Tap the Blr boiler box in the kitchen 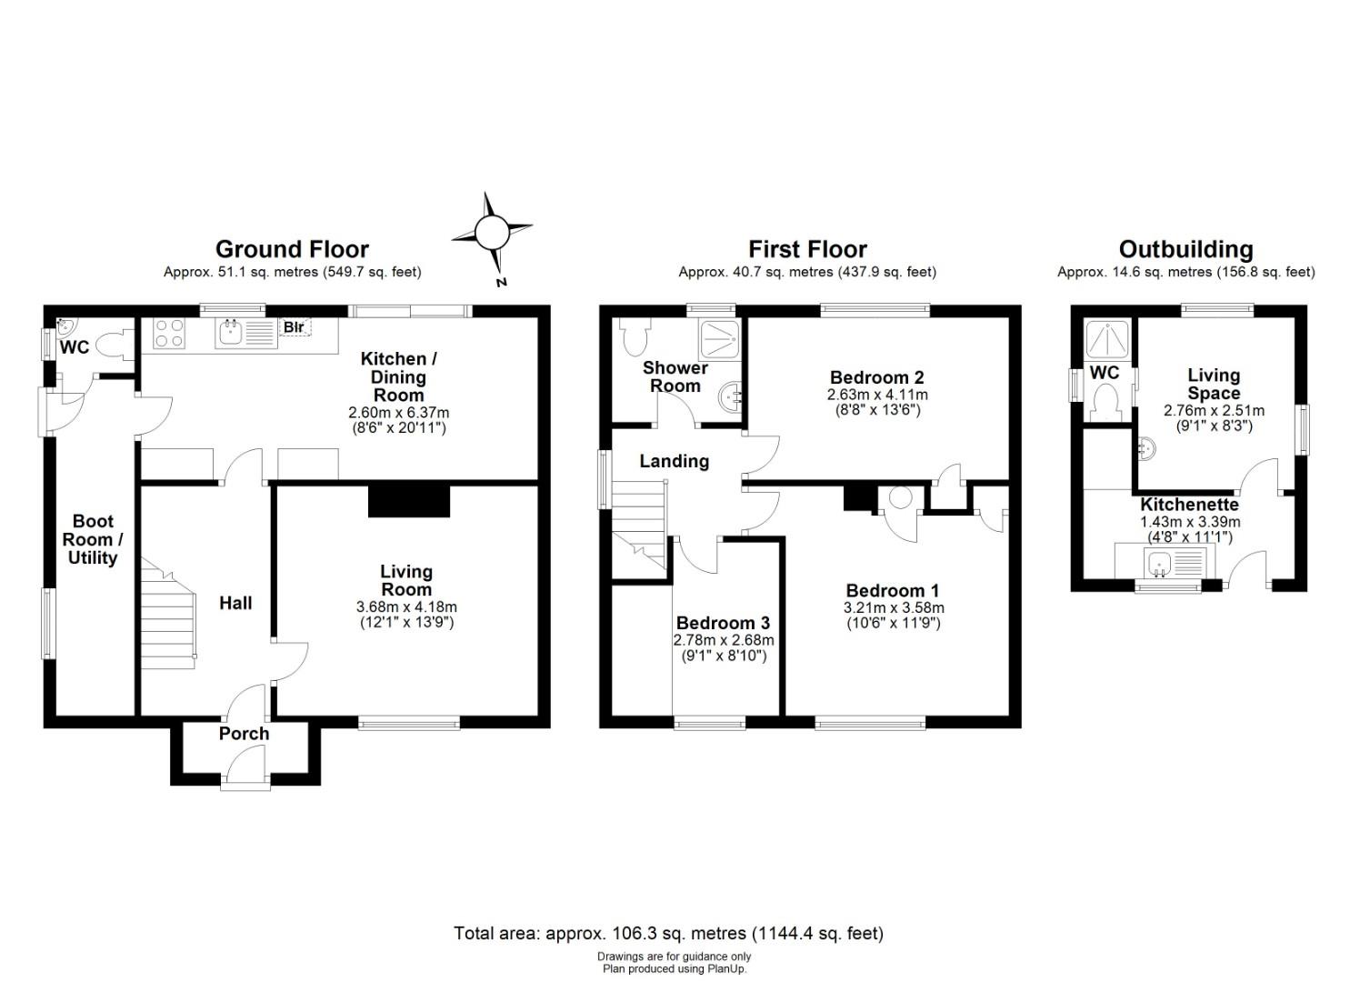295,326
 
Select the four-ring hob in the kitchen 169,334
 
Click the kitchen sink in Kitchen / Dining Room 245,334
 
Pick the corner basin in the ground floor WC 65,326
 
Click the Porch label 244,734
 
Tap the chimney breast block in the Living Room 409,501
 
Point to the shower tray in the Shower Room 720,339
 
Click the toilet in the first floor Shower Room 635,336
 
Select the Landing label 674,462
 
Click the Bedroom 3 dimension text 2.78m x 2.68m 724,640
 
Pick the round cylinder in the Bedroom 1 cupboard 900,498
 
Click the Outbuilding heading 1186,249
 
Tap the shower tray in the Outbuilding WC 1107,340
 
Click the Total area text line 668,934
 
